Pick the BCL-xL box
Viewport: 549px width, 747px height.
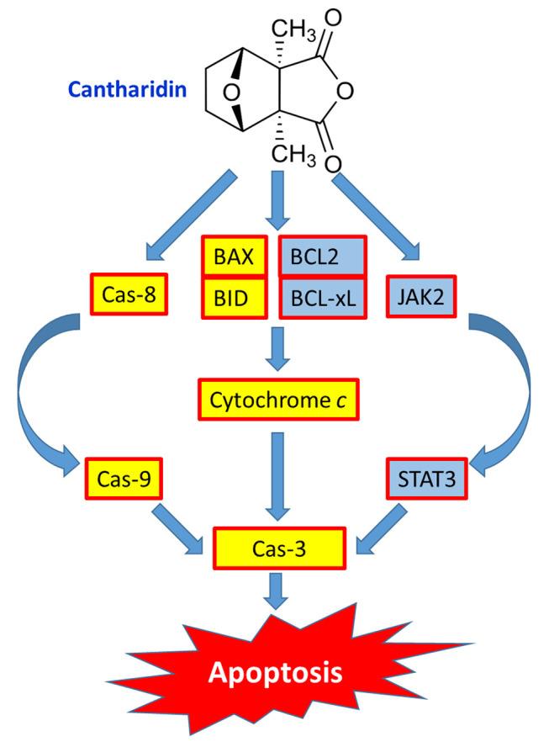coord(322,298)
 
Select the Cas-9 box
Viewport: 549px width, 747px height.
coord(123,480)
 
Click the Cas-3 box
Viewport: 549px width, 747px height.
coord(278,548)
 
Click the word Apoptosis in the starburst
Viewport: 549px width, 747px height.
coord(276,672)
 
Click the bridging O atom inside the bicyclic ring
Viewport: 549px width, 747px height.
coord(240,87)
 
